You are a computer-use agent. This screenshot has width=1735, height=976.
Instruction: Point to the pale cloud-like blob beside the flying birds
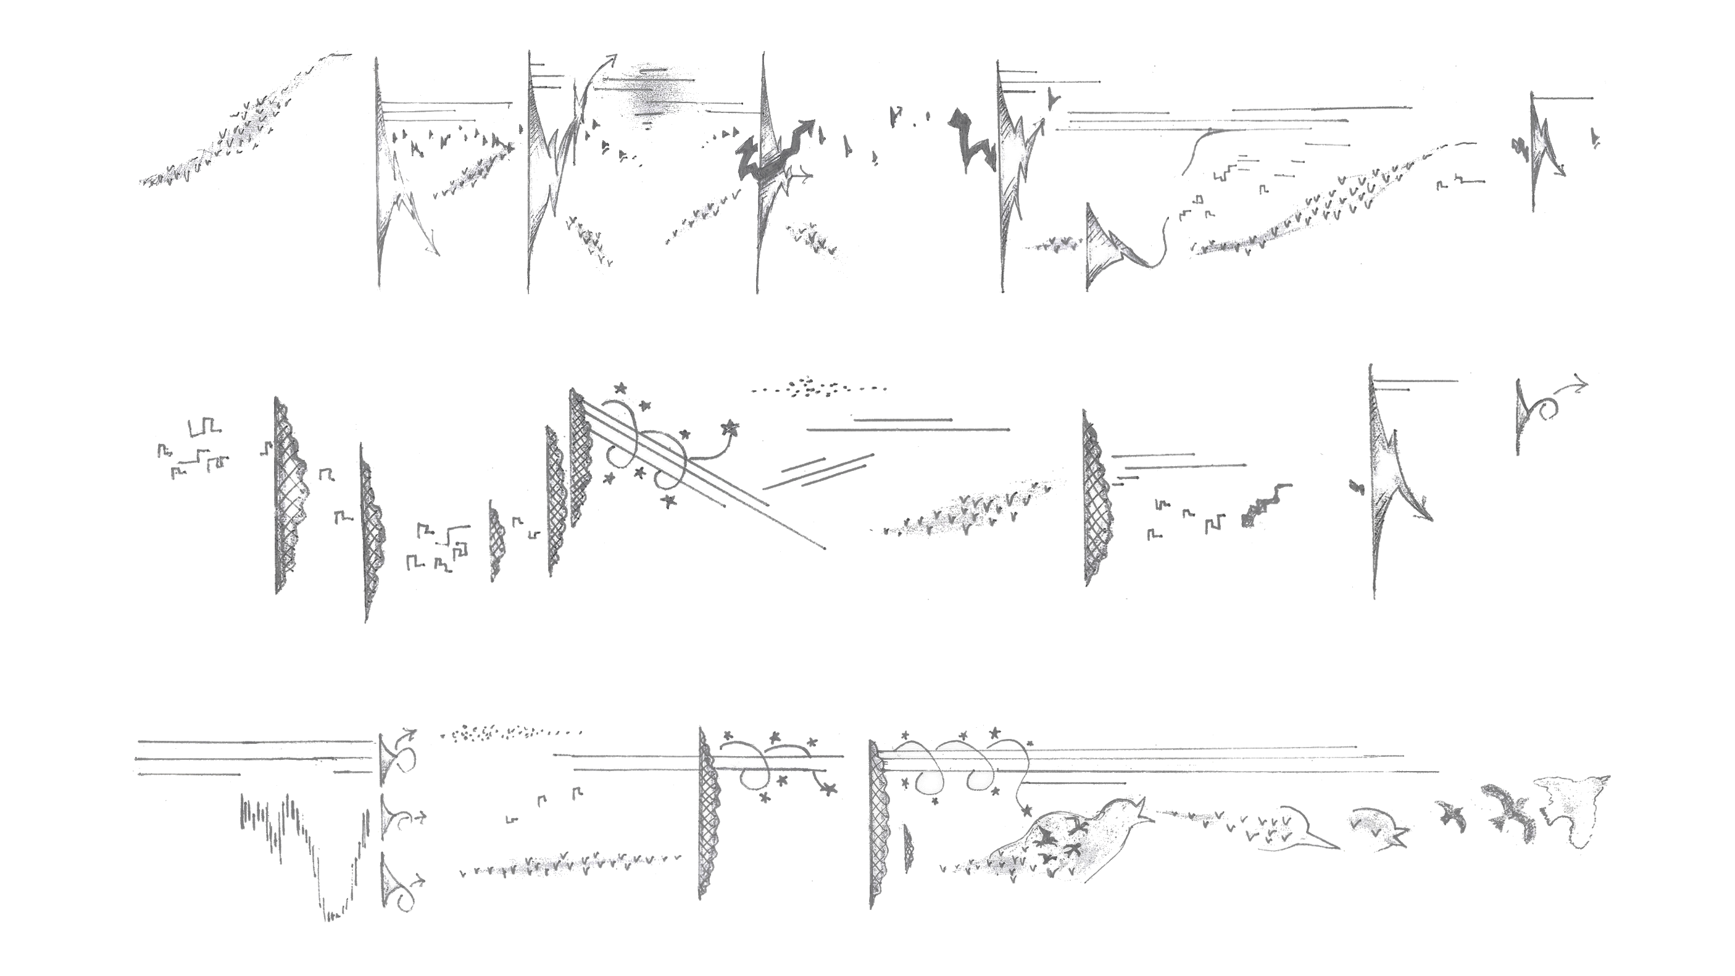[1573, 812]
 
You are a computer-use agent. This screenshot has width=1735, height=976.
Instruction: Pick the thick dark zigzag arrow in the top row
[775, 155]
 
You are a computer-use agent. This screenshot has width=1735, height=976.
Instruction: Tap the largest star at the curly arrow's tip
[730, 427]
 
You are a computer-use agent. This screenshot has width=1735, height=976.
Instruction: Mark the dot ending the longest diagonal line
[826, 548]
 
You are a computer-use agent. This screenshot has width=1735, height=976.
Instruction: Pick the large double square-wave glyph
[205, 427]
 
